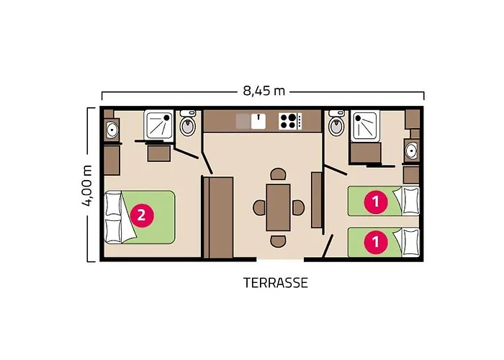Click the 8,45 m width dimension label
[x=264, y=91]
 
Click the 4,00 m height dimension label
[x=87, y=186]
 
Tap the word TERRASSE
[x=276, y=283]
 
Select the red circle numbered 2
[x=141, y=215]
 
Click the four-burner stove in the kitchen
[x=290, y=121]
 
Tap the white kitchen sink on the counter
[x=258, y=121]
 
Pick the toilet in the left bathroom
[x=188, y=123]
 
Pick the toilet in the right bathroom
[x=336, y=123]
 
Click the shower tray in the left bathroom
[x=159, y=125]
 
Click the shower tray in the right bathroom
[x=365, y=126]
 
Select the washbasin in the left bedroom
[x=112, y=130]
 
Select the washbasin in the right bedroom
[x=411, y=150]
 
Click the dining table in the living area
[x=279, y=207]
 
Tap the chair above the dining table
[x=279, y=174]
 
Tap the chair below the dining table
[x=279, y=241]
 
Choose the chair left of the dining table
[x=259, y=207]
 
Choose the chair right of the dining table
[x=298, y=207]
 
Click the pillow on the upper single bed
[x=411, y=201]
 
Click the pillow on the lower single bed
[x=411, y=242]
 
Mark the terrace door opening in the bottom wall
[x=280, y=259]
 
